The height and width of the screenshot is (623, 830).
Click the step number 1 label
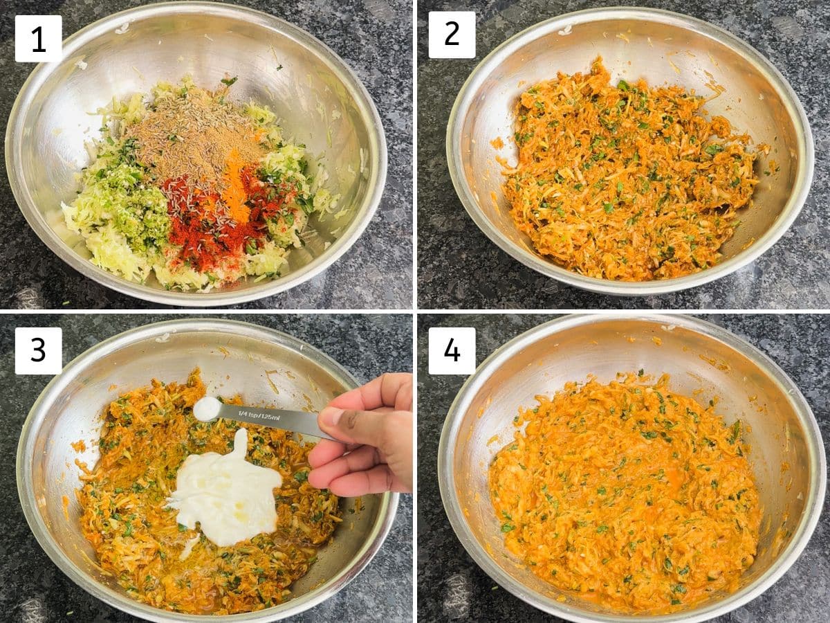[x=38, y=39]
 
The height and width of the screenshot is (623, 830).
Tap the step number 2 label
[x=452, y=35]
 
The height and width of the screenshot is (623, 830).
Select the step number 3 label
[x=38, y=351]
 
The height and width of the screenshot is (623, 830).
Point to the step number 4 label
[x=452, y=351]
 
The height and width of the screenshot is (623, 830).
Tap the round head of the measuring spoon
[x=208, y=408]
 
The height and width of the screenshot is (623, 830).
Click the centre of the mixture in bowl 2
[x=629, y=170]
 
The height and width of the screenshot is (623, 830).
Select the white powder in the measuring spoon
[x=207, y=408]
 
